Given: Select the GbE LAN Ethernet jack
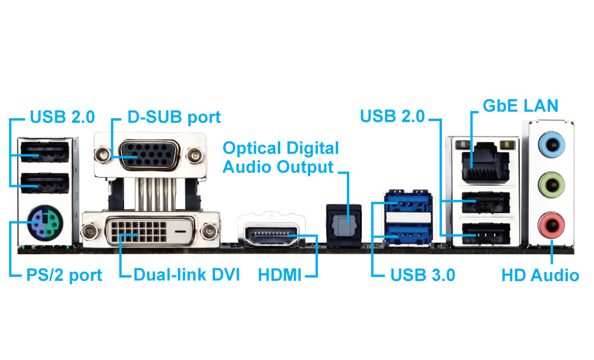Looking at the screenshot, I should point(482,160).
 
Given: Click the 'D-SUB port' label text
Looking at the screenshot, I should point(174,117).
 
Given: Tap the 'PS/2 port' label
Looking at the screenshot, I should point(65,275).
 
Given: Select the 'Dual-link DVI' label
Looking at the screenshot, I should point(187,275).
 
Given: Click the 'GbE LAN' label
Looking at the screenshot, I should point(520,106).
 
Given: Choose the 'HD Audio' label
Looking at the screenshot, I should point(540,275).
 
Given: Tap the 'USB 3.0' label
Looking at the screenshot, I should point(422,275).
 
